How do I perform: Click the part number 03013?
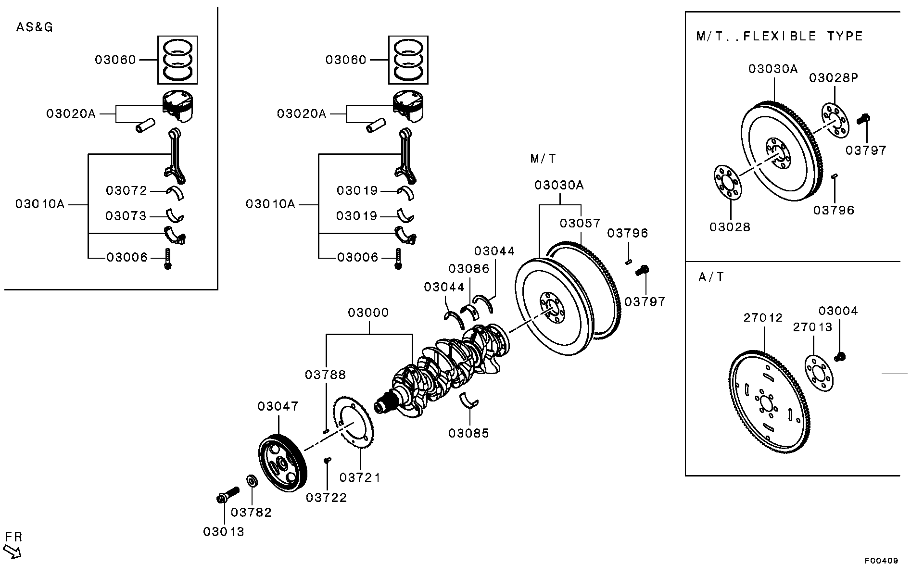(224, 532)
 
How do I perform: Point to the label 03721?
(360, 477)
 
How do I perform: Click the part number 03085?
(468, 433)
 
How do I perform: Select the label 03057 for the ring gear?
(580, 223)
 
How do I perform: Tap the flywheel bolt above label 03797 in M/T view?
(642, 270)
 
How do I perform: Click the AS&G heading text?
(35, 27)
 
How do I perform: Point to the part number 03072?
(127, 191)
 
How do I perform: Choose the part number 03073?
(126, 216)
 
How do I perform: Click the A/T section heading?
(711, 277)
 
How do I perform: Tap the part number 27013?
(812, 327)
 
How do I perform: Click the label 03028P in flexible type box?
(834, 77)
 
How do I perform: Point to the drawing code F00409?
(882, 560)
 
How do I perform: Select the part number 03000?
(368, 313)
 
